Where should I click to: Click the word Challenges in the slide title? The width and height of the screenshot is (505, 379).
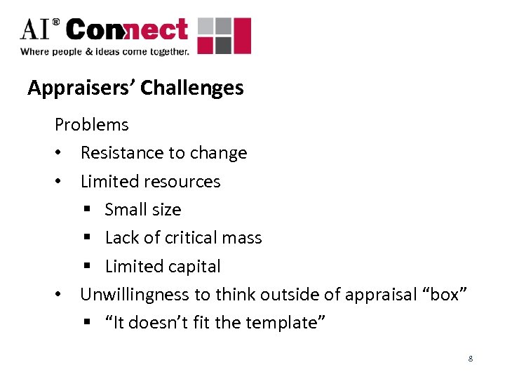tap(192, 88)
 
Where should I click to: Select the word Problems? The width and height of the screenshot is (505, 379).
tap(92, 125)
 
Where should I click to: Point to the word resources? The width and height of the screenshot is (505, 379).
tap(184, 181)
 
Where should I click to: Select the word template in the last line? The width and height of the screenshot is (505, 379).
tap(288, 323)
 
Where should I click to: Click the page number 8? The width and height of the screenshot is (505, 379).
tap(471, 359)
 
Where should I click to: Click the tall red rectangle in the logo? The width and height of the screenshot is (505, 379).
tap(242, 36)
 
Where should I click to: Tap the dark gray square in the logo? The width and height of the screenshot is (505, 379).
tap(222, 46)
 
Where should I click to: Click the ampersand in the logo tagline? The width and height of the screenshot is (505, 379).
tap(91, 51)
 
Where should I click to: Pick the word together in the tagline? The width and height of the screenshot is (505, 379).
tap(166, 51)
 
